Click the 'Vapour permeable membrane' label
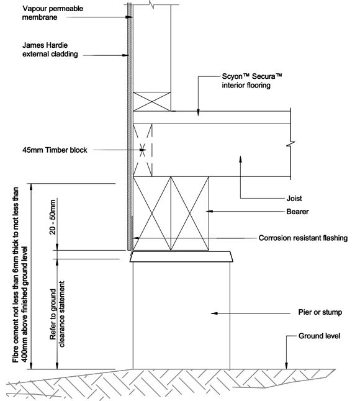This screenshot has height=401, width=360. [x=53, y=13]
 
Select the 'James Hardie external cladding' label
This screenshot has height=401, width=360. [x=50, y=50]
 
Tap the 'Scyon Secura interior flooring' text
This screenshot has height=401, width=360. [x=252, y=81]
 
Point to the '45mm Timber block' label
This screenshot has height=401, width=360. [x=55, y=150]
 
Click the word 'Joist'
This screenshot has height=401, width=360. [x=294, y=199]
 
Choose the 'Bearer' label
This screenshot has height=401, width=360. [x=297, y=212]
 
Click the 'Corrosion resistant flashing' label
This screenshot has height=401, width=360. [x=303, y=238]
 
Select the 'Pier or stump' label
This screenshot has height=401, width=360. [x=320, y=312]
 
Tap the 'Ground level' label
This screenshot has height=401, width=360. [x=319, y=336]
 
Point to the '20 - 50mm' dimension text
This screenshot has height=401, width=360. [x=53, y=217]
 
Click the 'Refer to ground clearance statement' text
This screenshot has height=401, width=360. [x=58, y=314]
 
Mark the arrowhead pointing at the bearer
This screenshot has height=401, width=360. [x=209, y=211]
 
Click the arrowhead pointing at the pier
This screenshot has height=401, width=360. [x=214, y=313]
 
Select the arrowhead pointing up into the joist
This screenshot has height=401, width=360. [x=240, y=158]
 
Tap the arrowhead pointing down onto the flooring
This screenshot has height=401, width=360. [x=198, y=113]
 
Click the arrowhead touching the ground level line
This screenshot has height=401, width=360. [x=286, y=366]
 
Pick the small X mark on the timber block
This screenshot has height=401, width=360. [x=142, y=150]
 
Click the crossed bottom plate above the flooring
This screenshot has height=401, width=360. [x=152, y=102]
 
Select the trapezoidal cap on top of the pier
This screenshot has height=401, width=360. [x=181, y=256]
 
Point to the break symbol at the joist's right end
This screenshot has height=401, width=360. [x=290, y=144]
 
